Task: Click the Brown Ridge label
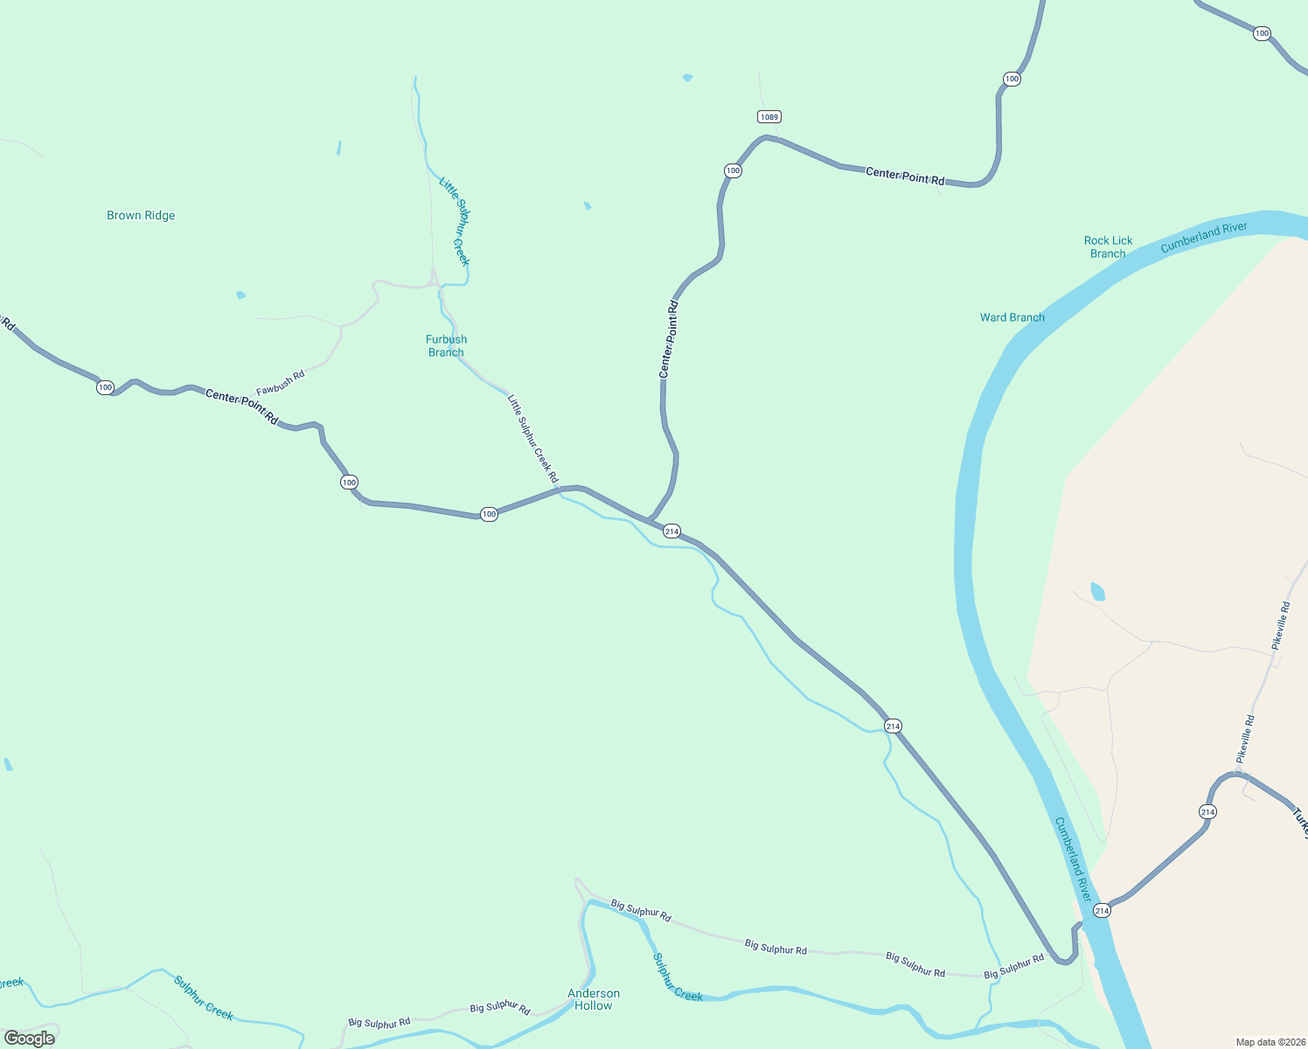141,215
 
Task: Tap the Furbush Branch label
446,345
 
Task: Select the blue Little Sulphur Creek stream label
455,221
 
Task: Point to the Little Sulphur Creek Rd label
532,438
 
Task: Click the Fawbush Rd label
281,383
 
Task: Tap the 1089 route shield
769,116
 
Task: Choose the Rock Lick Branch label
1108,247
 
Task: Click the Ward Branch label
1012,317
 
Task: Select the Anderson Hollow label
594,999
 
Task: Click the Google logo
30,1039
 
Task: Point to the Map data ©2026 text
1270,1042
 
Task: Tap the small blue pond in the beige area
1097,592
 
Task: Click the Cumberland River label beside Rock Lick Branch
1203,237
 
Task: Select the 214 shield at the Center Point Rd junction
671,531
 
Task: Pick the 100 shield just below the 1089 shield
733,170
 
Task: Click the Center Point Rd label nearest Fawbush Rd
241,407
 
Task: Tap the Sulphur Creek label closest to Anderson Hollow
678,977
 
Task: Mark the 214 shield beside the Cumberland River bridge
1102,910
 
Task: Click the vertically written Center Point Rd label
668,339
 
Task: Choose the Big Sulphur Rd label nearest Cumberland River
1014,966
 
